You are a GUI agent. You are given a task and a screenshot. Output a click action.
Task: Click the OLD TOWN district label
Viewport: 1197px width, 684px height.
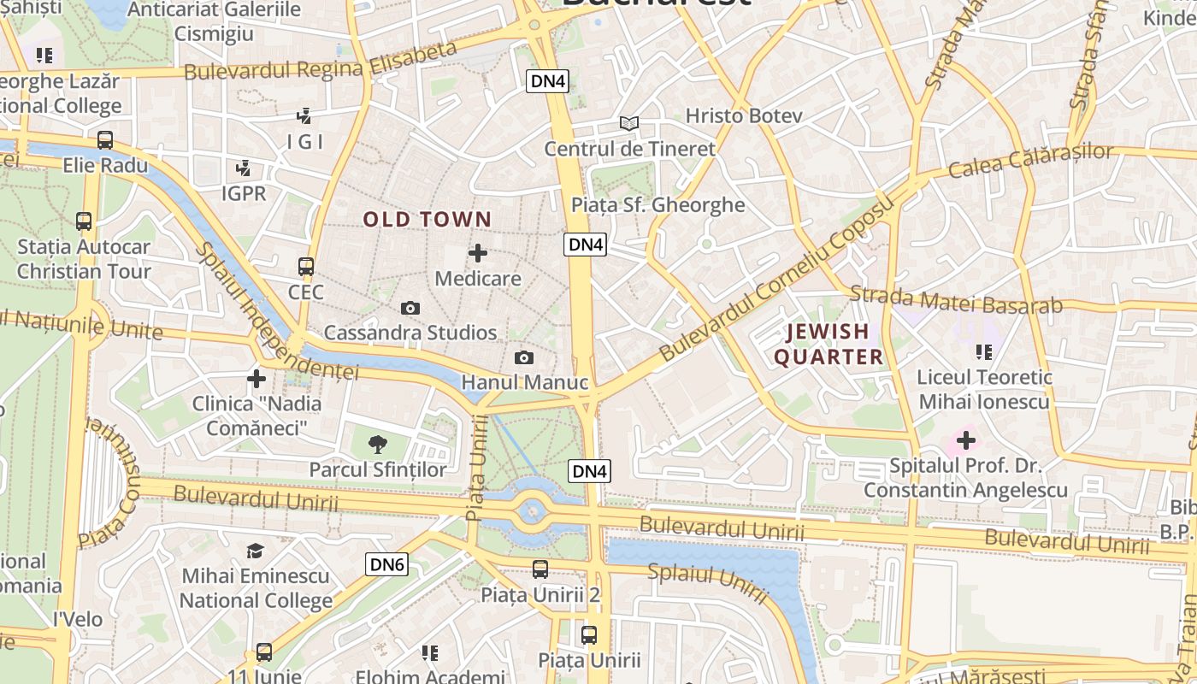click(x=427, y=220)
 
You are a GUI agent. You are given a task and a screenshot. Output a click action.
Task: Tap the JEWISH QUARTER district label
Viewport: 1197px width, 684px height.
click(x=828, y=344)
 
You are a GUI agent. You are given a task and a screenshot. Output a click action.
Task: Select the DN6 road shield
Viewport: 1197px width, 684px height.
click(x=387, y=564)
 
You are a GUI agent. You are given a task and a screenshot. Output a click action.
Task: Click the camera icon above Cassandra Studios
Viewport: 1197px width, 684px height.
click(x=410, y=308)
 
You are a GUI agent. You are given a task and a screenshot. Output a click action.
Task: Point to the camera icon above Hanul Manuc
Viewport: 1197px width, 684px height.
click(x=524, y=357)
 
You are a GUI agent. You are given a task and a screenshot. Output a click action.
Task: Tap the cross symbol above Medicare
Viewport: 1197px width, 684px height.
click(x=478, y=253)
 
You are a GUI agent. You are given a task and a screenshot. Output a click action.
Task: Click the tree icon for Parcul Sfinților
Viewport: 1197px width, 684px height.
click(x=377, y=444)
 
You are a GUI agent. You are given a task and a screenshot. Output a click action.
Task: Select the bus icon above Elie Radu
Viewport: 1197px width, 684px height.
click(x=105, y=140)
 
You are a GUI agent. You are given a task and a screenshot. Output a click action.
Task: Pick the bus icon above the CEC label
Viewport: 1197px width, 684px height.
click(x=306, y=267)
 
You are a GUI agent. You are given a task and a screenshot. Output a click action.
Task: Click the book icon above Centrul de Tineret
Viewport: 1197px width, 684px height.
click(x=629, y=124)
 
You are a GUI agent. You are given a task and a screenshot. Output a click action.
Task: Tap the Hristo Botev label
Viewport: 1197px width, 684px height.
click(x=744, y=115)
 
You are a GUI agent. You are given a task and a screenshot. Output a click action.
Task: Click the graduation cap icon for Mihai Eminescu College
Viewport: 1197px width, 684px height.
click(x=255, y=551)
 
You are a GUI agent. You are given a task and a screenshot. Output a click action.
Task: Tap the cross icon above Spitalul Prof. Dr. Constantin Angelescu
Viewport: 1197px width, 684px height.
click(x=966, y=441)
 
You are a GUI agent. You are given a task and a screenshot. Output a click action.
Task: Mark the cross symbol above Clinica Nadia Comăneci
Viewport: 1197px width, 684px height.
click(x=256, y=378)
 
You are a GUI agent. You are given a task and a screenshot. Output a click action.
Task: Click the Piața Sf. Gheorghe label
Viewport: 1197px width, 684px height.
click(x=657, y=205)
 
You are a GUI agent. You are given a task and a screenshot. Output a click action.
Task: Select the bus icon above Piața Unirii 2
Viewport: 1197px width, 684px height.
click(x=540, y=569)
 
